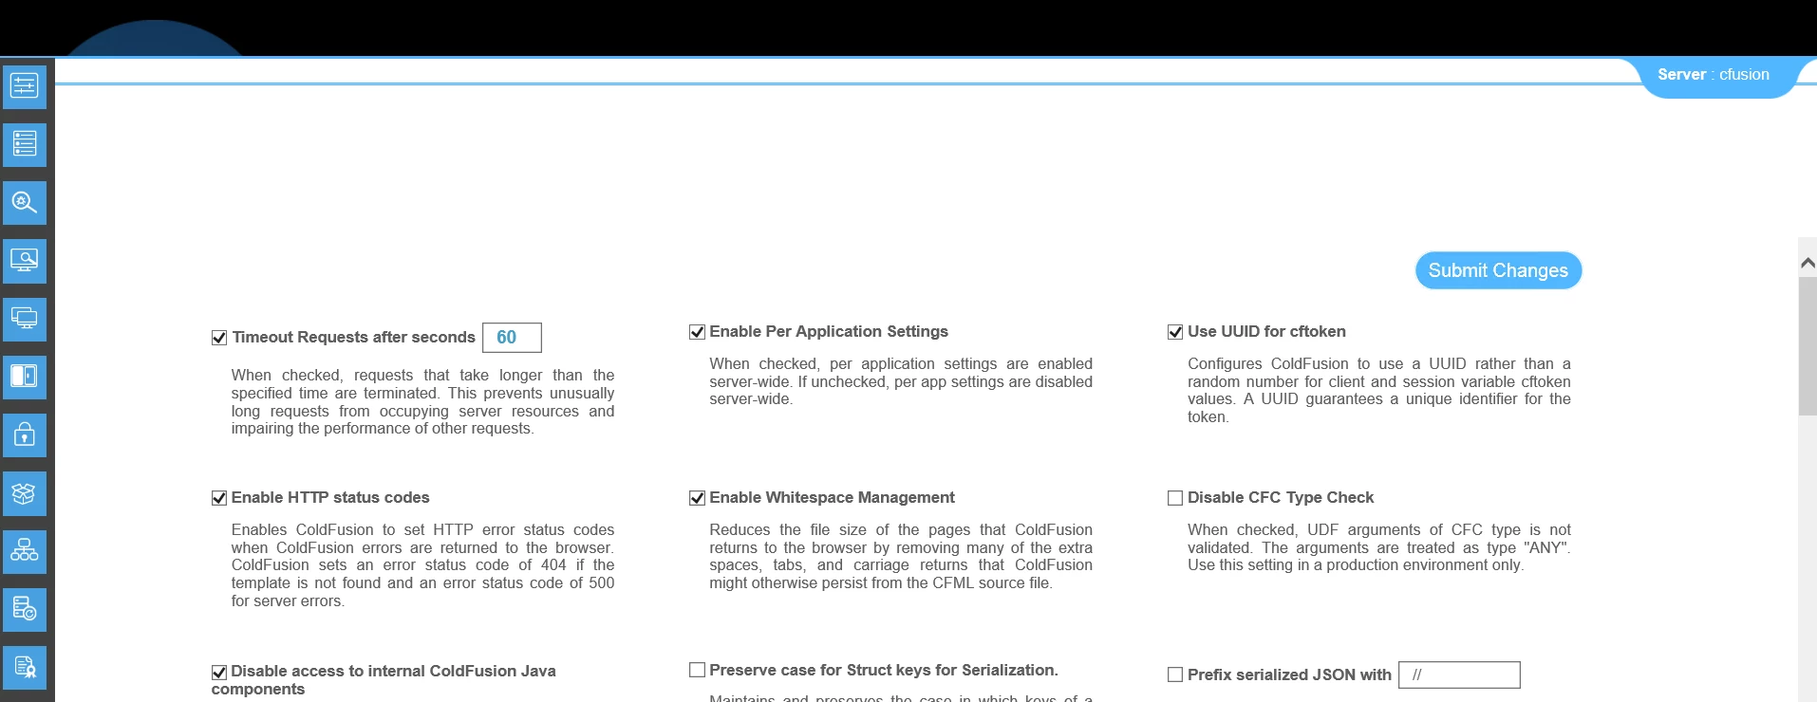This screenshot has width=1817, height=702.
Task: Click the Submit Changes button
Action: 1498,270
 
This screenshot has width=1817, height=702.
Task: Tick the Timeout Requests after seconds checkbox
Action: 219,338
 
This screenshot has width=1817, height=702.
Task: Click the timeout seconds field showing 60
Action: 512,338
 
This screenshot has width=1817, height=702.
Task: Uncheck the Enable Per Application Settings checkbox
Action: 698,332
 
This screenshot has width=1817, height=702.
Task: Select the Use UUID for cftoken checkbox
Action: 1175,332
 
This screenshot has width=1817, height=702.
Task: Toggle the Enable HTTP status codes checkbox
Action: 219,498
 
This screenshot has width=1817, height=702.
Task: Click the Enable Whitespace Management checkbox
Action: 698,498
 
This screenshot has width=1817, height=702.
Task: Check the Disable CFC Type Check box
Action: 1175,498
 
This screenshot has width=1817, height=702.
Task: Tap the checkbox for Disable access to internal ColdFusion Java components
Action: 219,672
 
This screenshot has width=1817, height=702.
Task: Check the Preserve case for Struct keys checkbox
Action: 698,671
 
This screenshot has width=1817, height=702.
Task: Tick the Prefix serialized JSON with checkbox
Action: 1175,675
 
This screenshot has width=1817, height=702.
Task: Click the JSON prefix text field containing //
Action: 1459,675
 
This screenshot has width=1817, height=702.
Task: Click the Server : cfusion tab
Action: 1713,75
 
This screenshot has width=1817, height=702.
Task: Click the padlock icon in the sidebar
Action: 25,435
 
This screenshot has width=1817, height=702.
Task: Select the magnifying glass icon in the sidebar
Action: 25,203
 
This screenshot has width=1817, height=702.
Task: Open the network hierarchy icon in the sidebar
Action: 25,551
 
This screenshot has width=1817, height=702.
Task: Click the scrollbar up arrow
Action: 1808,263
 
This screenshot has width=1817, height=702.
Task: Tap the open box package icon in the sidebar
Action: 25,493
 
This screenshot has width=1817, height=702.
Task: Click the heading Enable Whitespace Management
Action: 832,498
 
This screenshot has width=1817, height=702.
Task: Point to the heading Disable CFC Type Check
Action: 1280,498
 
